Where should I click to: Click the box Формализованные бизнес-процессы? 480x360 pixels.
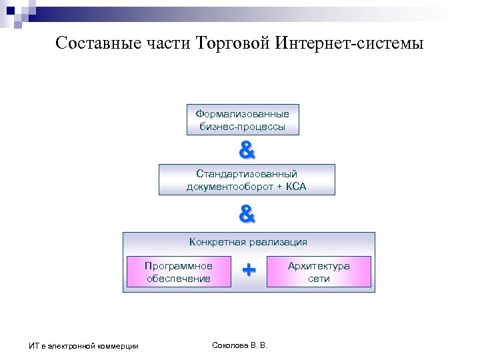pos(243,120)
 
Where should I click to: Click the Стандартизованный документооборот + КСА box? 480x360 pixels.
pos(247,180)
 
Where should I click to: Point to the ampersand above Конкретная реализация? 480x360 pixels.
pos(247,214)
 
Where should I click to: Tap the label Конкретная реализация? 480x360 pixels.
pos(249,242)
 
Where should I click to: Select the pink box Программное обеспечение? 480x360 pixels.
pos(179,272)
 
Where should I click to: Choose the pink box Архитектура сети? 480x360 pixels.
pos(319,272)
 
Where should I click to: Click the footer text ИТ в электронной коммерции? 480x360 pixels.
pos(83,345)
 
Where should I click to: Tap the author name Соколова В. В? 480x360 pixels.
pos(239,345)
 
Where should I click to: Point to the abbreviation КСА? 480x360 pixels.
pos(297,187)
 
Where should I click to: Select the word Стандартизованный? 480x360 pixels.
pos(247,174)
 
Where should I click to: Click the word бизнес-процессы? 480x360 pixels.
pos(243,127)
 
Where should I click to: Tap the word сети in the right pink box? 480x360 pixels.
pos(319,279)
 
